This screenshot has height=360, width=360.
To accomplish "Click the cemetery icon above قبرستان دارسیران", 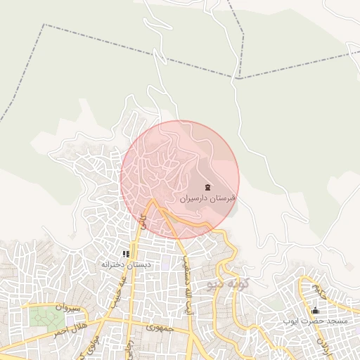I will [207, 187].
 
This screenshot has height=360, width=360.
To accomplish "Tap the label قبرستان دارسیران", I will [207, 199].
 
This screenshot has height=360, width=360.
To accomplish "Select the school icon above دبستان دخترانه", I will [126, 254].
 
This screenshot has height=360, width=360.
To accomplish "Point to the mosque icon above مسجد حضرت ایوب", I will [315, 311].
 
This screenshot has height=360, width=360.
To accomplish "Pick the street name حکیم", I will [320, 288].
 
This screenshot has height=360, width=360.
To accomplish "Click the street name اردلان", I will [321, 344].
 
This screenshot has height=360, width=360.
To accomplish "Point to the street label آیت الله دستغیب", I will [187, 285].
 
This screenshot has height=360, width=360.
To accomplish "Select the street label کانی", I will [143, 224].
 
